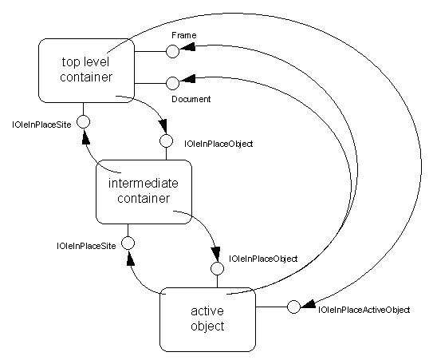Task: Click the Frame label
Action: pos(184,35)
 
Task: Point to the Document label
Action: pos(191,99)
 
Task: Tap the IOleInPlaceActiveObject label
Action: pos(364,310)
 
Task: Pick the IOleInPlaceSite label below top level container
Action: pos(41,125)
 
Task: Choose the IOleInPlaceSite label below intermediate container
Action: pos(86,246)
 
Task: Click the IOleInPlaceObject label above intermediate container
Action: pos(218,144)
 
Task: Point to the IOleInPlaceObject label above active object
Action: pos(263,259)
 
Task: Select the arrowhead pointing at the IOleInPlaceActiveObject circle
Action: pos(307,303)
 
